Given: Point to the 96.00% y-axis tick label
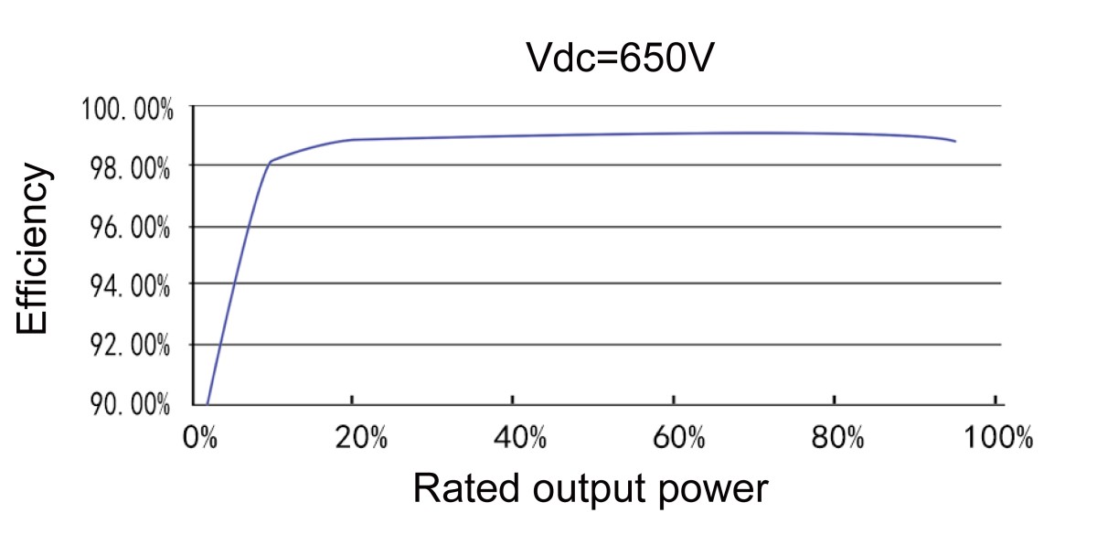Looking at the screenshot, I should (x=127, y=228).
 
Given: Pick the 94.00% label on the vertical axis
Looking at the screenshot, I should (x=127, y=287).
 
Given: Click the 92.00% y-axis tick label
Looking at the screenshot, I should (x=127, y=347).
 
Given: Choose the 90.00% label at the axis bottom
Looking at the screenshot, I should (x=127, y=405).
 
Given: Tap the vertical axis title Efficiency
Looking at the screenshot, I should (x=32, y=249).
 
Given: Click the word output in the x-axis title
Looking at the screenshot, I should (x=579, y=491).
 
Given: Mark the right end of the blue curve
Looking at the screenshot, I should (x=955, y=142).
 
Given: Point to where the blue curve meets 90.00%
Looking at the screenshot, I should (x=208, y=403).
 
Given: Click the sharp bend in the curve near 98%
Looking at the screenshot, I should (x=271, y=162).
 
